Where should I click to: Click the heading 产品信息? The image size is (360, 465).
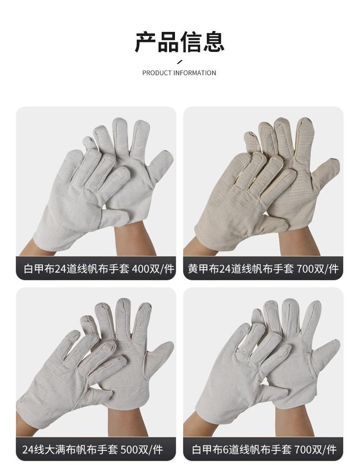point(180,42)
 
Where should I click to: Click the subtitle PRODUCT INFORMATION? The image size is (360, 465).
point(179,73)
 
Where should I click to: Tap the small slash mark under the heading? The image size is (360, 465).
point(179,61)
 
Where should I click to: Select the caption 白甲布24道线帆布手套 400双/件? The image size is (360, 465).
point(98,269)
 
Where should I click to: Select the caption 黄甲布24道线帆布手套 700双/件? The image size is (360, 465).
point(263,269)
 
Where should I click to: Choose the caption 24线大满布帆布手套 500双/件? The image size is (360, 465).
point(93,450)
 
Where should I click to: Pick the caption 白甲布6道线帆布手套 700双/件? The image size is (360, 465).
point(264,450)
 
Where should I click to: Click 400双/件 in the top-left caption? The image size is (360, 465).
point(153,269)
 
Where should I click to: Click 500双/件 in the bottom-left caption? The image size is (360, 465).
point(142,450)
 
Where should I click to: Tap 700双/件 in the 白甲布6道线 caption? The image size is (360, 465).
point(315,450)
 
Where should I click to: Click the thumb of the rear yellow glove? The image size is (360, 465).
point(326,172)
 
